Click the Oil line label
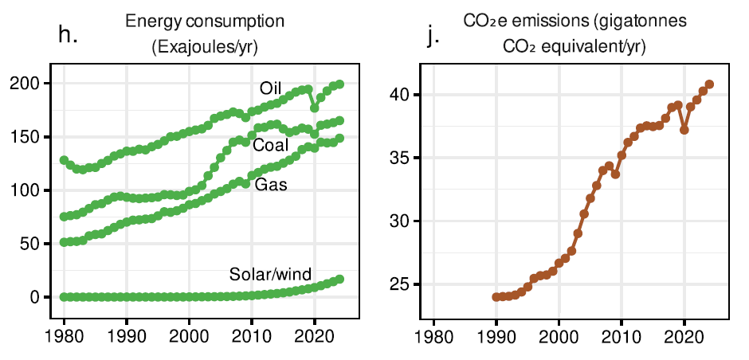[x=271, y=87]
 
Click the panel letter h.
[x=69, y=35]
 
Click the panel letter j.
[x=433, y=37]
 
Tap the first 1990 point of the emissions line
[x=496, y=297]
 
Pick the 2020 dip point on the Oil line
[x=315, y=107]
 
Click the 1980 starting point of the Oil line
[x=64, y=160]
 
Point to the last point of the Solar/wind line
[x=340, y=279]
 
